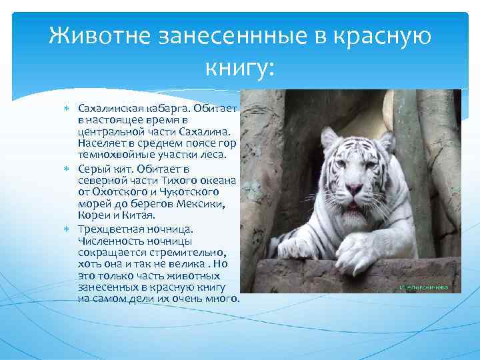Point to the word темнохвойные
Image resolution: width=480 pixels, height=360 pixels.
[x=113, y=155]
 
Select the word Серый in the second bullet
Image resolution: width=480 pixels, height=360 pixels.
[x=93, y=169]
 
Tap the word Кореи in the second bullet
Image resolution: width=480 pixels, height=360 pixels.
[x=92, y=215]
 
